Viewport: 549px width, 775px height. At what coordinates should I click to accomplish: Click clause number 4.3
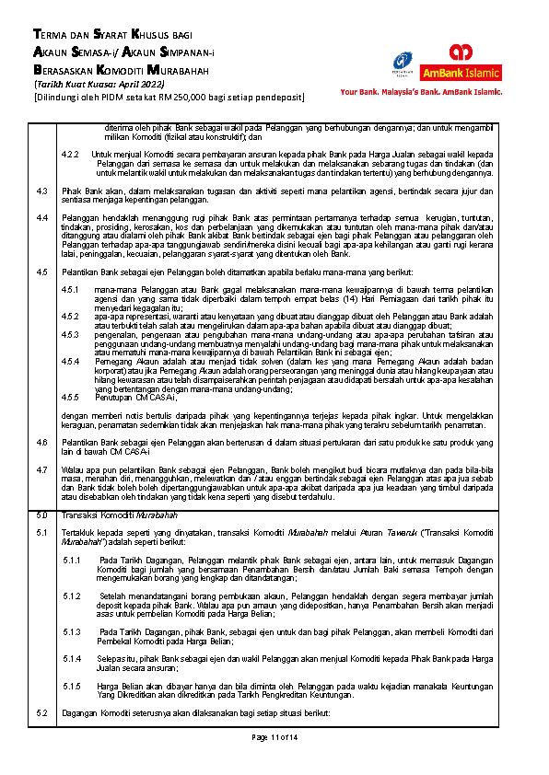pyautogui.click(x=41, y=191)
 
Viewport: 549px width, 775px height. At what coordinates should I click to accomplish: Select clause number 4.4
pyautogui.click(x=41, y=216)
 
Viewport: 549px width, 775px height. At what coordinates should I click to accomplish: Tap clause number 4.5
pyautogui.click(x=41, y=273)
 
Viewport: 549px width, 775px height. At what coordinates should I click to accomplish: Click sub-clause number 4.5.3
pyautogui.click(x=70, y=335)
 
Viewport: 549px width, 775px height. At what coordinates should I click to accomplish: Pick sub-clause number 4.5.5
pyautogui.click(x=70, y=394)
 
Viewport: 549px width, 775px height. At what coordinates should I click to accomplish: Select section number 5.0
pyautogui.click(x=41, y=515)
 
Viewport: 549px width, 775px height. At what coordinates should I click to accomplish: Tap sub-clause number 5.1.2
pyautogui.click(x=72, y=596)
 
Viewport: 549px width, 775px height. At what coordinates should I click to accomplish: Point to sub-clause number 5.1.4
pyautogui.click(x=72, y=659)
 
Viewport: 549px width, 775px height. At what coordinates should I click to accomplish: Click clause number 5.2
pyautogui.click(x=41, y=713)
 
